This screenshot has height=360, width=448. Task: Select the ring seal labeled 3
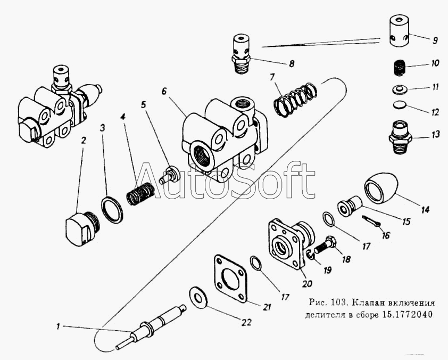click(112, 209)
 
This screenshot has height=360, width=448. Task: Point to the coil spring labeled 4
click(140, 192)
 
